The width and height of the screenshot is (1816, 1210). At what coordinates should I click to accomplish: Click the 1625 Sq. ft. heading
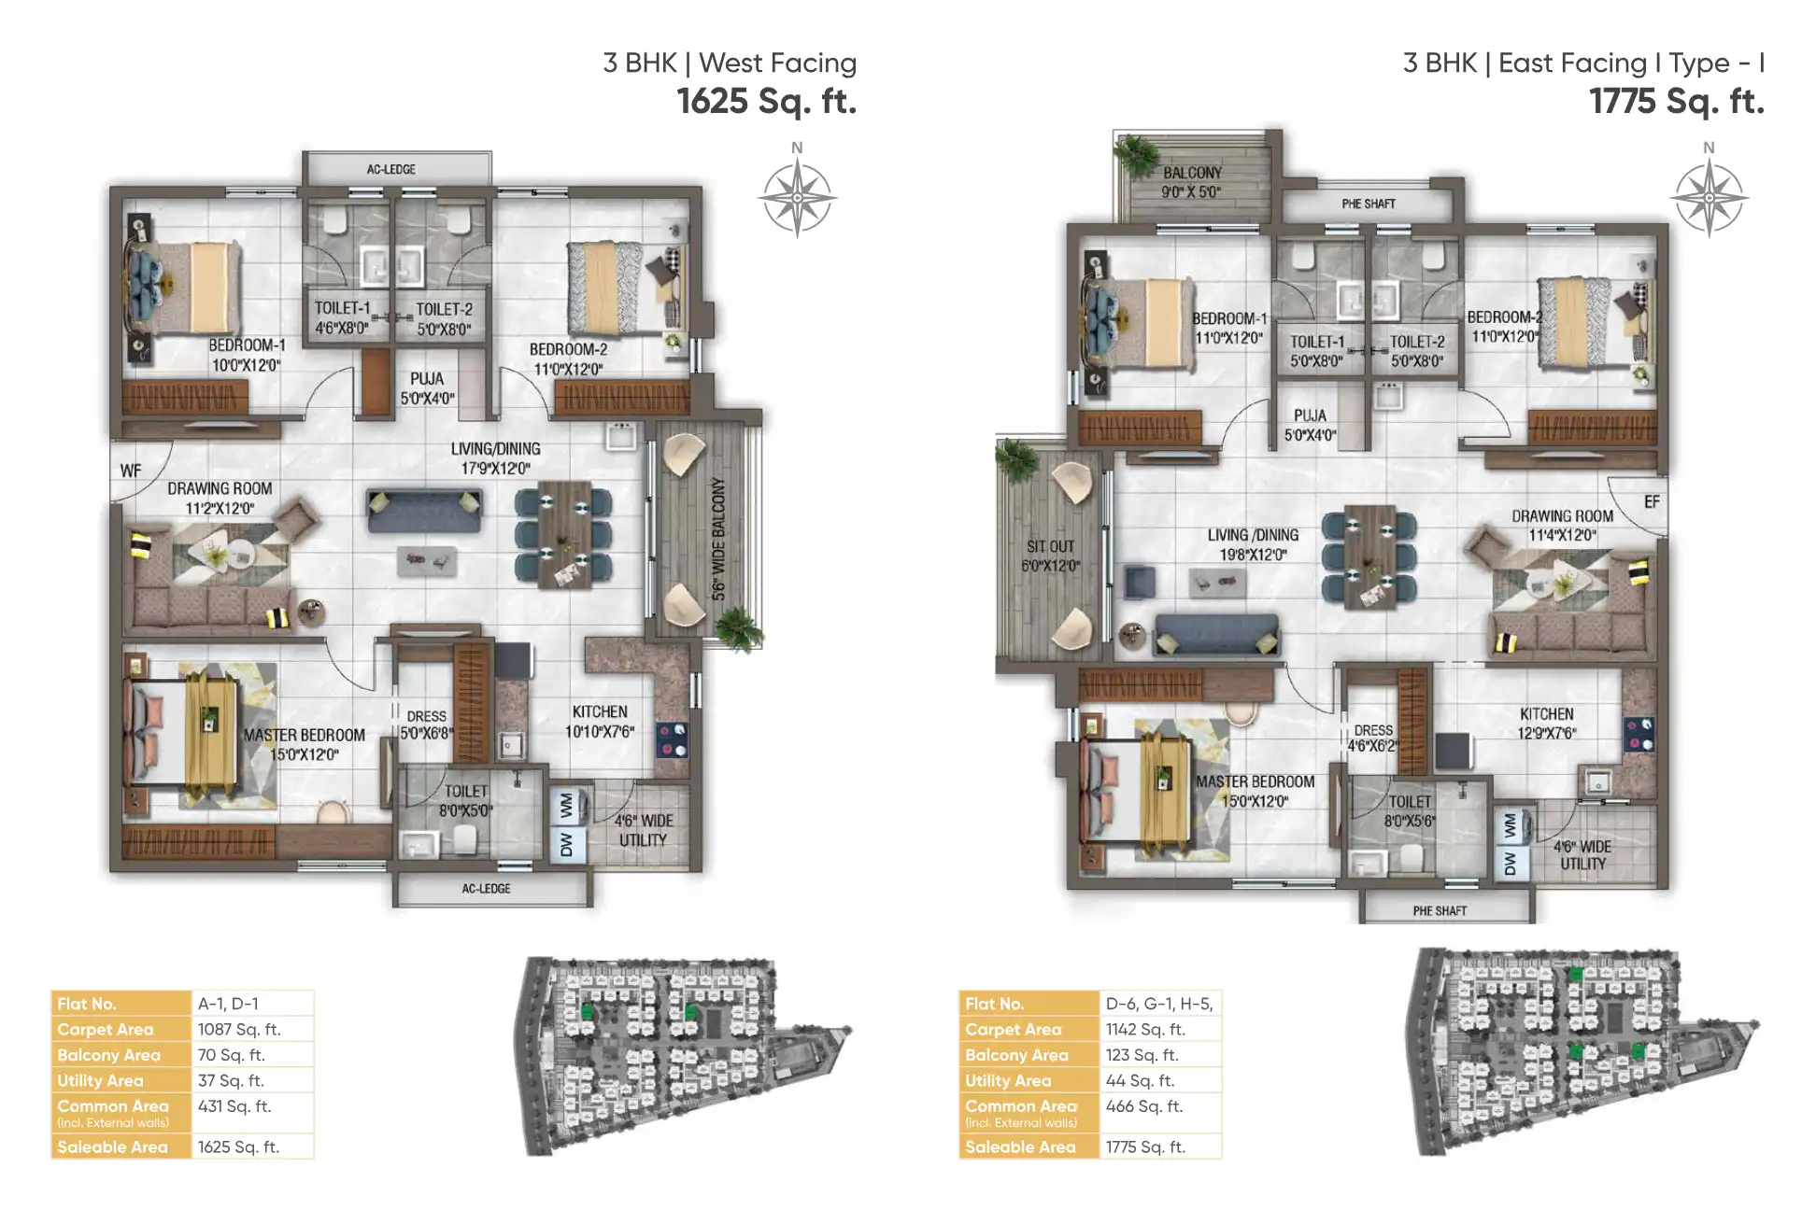[766, 101]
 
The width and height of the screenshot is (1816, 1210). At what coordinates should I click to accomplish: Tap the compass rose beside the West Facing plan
[796, 197]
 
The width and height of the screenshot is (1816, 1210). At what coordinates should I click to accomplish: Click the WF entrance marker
[131, 471]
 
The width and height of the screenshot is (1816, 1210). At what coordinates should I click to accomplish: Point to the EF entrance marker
[1652, 502]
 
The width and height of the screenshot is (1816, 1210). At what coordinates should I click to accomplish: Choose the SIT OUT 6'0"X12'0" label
[1050, 556]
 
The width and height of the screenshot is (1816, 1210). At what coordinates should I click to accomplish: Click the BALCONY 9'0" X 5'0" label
[1191, 182]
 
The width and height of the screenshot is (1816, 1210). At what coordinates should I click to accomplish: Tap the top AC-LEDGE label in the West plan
[391, 169]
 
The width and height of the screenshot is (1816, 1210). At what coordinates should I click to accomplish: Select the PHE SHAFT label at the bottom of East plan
[1440, 910]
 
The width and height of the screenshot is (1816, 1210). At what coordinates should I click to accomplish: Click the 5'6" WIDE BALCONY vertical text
[718, 539]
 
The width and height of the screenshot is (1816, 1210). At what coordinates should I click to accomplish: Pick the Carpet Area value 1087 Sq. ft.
[239, 1029]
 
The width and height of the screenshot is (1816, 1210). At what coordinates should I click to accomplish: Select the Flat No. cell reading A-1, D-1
[228, 1004]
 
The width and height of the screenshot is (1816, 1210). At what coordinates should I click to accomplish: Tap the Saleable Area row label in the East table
[1020, 1147]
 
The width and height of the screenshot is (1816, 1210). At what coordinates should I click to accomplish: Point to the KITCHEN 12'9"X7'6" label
[1546, 724]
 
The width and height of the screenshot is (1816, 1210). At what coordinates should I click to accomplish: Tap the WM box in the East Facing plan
[1511, 826]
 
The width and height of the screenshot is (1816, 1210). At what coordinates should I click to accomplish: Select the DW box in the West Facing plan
[567, 844]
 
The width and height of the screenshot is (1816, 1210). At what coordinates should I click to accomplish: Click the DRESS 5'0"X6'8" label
[427, 725]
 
